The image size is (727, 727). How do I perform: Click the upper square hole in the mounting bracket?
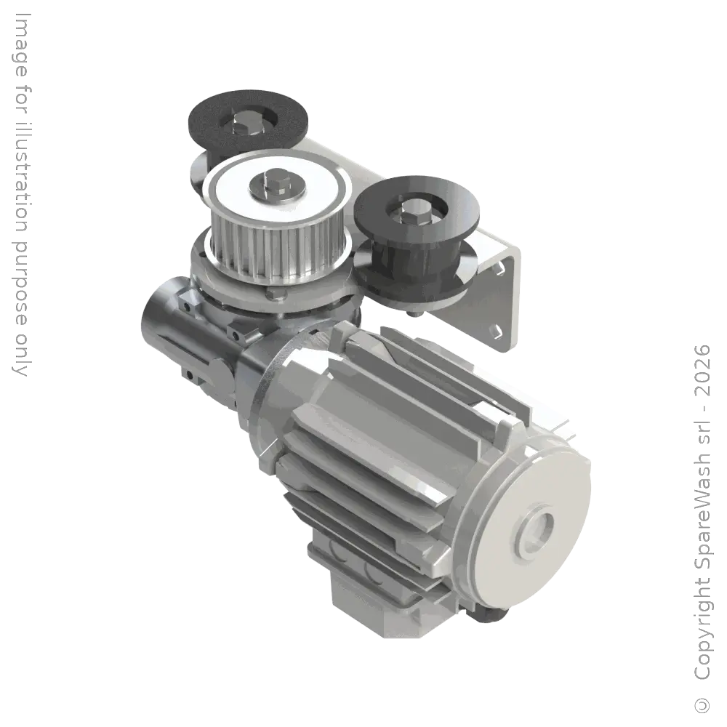tap(501, 268)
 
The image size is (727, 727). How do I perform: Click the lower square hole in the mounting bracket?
tap(495, 331)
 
